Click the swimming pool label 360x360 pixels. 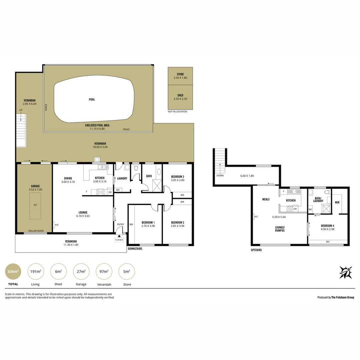click(92, 99)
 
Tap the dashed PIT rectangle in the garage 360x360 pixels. click(35, 207)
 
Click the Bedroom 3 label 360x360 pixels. click(178, 176)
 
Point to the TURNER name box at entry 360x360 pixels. click(119, 240)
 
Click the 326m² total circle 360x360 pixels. click(13, 271)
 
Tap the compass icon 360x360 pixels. click(346, 272)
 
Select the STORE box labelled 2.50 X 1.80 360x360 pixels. click(180, 76)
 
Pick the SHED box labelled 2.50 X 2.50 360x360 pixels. click(180, 97)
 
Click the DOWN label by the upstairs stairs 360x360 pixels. click(220, 175)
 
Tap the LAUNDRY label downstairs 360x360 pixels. click(122, 178)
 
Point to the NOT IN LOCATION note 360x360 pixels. click(177, 112)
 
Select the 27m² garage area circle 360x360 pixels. click(81, 271)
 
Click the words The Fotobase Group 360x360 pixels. click(342, 297)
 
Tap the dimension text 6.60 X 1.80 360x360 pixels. click(247, 176)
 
